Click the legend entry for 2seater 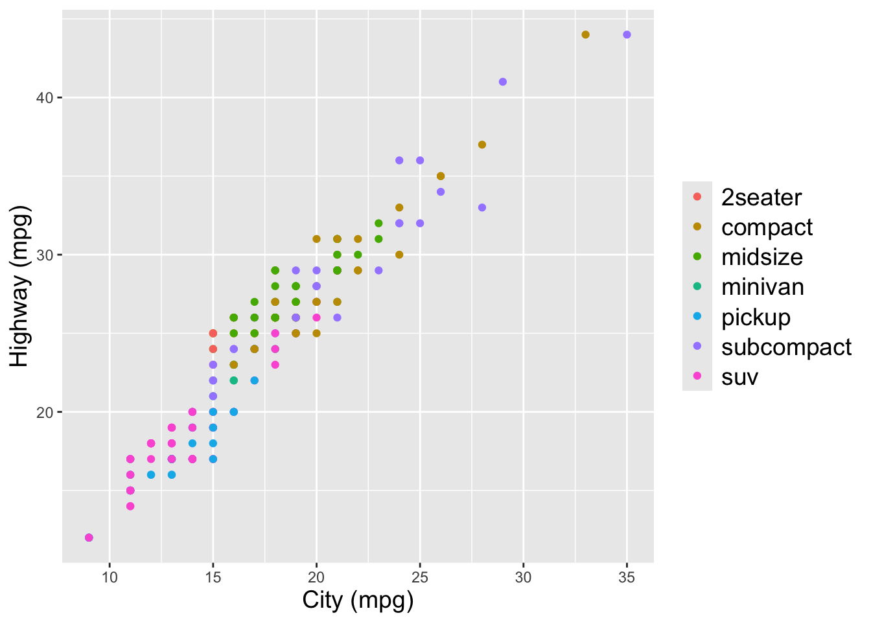[761, 198]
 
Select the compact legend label [767, 227]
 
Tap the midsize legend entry [761, 257]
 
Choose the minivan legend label [762, 287]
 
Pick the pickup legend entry [756, 317]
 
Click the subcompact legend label [786, 347]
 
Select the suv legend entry [739, 377]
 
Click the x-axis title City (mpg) [358, 601]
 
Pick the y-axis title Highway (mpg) [19, 286]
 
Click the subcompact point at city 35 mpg [627, 35]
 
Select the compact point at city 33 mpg [585, 35]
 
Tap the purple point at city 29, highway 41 [503, 82]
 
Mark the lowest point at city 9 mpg [89, 538]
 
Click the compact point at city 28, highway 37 [482, 144]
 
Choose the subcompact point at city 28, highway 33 [482, 207]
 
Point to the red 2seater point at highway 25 [213, 333]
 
